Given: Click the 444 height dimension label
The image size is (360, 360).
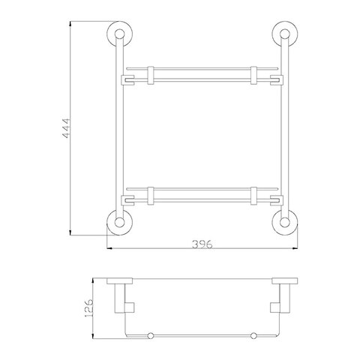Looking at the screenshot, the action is pos(66,128).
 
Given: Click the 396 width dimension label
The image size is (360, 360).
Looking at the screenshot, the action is pos(202,244).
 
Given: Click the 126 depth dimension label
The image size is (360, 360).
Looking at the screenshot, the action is pos(88,308).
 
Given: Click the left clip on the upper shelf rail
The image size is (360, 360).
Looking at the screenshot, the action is pos(151,75).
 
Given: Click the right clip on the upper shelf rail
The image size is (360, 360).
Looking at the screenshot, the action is pos(253,75).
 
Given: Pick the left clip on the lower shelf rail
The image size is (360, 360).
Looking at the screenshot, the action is pos(151,196).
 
